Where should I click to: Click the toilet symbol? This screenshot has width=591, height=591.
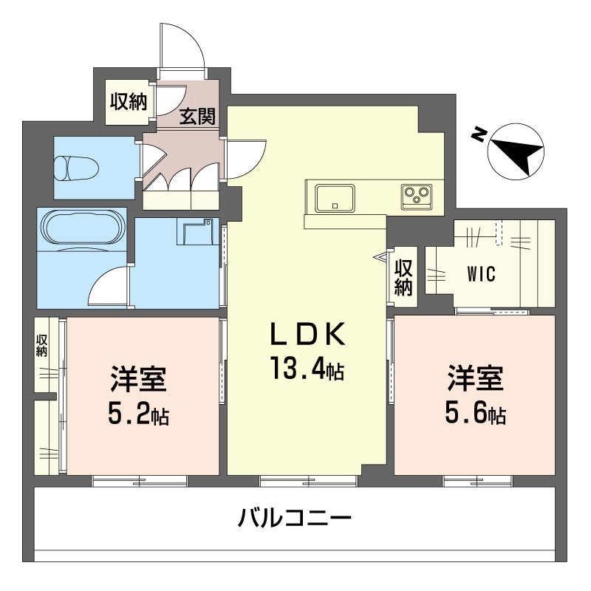click(76, 168)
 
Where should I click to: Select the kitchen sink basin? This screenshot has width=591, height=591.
click(335, 197)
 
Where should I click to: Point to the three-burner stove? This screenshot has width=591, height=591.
click(417, 195)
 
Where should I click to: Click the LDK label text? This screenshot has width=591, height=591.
click(307, 334)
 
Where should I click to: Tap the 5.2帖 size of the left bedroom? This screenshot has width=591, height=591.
click(138, 413)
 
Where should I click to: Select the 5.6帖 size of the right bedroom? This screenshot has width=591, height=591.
click(475, 413)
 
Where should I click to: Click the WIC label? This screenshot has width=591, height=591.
click(482, 274)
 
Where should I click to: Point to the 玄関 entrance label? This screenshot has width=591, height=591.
click(197, 116)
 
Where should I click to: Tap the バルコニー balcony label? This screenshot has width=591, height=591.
click(294, 517)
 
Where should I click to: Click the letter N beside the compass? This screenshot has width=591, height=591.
click(479, 134)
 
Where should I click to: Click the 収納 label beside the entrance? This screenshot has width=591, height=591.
click(129, 101)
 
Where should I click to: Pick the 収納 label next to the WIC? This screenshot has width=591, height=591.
click(403, 278)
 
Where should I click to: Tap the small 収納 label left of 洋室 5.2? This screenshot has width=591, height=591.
click(41, 346)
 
